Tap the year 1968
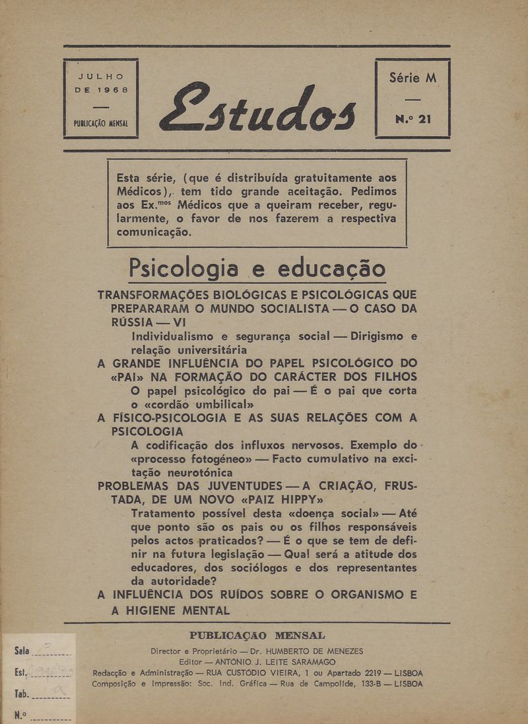pyautogui.click(x=110, y=89)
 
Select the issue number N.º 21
pyautogui.click(x=413, y=120)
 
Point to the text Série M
pyautogui.click(x=413, y=77)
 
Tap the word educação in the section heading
pyautogui.click(x=332, y=269)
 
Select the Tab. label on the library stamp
pyautogui.click(x=22, y=694)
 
